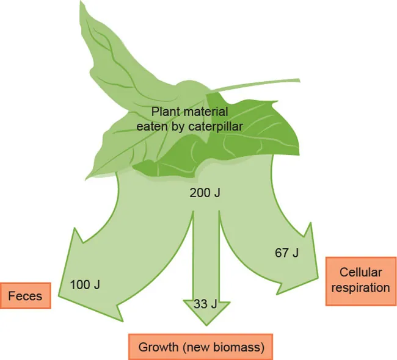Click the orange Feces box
click(25, 296)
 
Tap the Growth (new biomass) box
click(201, 348)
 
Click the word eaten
click(150, 126)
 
